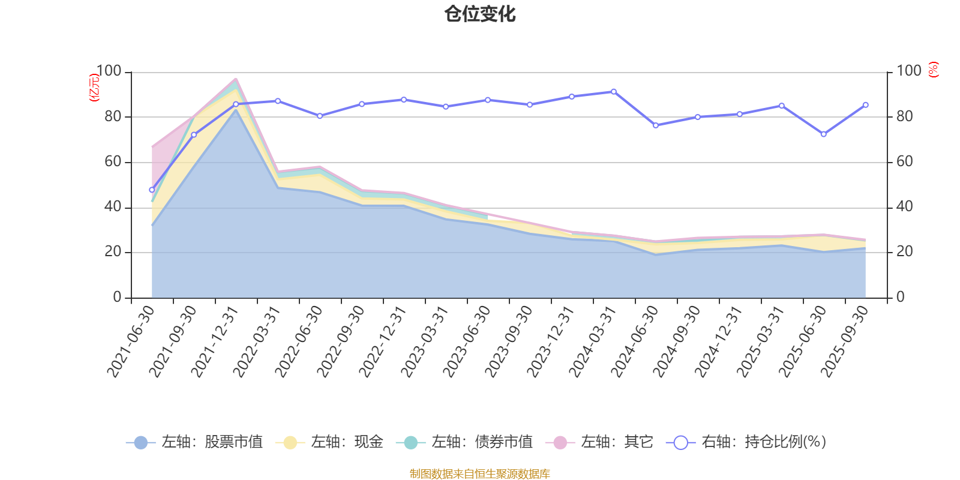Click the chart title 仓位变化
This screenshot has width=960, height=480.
pyautogui.click(x=480, y=14)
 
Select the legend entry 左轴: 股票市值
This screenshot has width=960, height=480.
pyautogui.click(x=195, y=442)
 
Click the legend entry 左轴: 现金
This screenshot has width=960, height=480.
pyautogui.click(x=330, y=442)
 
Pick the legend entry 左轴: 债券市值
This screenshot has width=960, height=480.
pyautogui.click(x=465, y=442)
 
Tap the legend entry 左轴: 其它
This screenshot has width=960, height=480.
pyautogui.click(x=600, y=442)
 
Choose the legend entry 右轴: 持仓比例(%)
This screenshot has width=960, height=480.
pyautogui.click(x=747, y=442)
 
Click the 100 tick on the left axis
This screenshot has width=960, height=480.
pyautogui.click(x=109, y=71)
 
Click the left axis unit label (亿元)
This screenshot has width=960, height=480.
pyautogui.click(x=94, y=88)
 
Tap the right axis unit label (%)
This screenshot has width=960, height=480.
pyautogui.click(x=934, y=70)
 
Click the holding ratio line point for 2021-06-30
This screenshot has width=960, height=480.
pyautogui.click(x=152, y=190)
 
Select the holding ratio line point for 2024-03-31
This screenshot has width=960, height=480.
pyautogui.click(x=613, y=92)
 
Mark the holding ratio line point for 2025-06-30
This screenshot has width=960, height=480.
pyautogui.click(x=823, y=134)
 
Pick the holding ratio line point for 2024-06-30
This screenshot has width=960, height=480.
pyautogui.click(x=655, y=125)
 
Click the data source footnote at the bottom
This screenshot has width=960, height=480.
pyautogui.click(x=480, y=474)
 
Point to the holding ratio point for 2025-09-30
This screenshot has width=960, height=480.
pyautogui.click(x=865, y=105)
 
